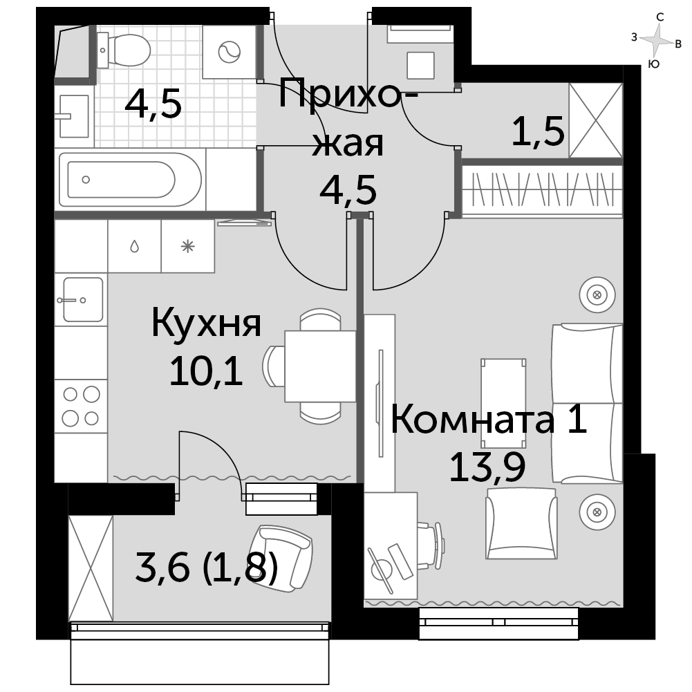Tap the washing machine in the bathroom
click(x=230, y=52)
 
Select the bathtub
click(x=131, y=180)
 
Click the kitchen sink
click(x=83, y=299)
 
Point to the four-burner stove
click(x=81, y=406)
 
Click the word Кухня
click(x=207, y=324)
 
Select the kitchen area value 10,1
click(x=206, y=371)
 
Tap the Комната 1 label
click(x=489, y=420)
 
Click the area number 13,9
click(x=487, y=467)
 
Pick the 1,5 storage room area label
click(x=538, y=131)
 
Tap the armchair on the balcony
click(x=281, y=559)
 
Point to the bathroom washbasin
click(x=74, y=115)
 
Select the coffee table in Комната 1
click(x=503, y=403)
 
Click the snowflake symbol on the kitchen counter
click(x=188, y=246)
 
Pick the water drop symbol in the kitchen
click(x=135, y=246)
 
